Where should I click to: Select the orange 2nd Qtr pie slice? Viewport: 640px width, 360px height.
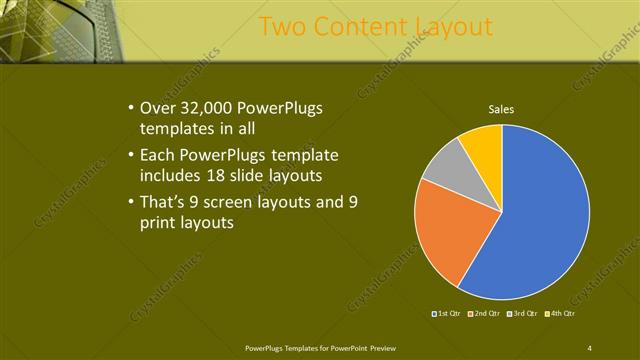click(446, 228)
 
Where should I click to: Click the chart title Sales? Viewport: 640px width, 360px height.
click(501, 109)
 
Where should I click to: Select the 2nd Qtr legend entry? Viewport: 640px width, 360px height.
click(484, 314)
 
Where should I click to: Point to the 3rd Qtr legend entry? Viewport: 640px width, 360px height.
click(524, 314)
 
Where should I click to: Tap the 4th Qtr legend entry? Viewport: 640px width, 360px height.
click(562, 314)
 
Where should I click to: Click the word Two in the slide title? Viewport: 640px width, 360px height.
click(282, 26)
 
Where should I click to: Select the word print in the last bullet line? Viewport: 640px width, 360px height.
click(165, 223)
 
